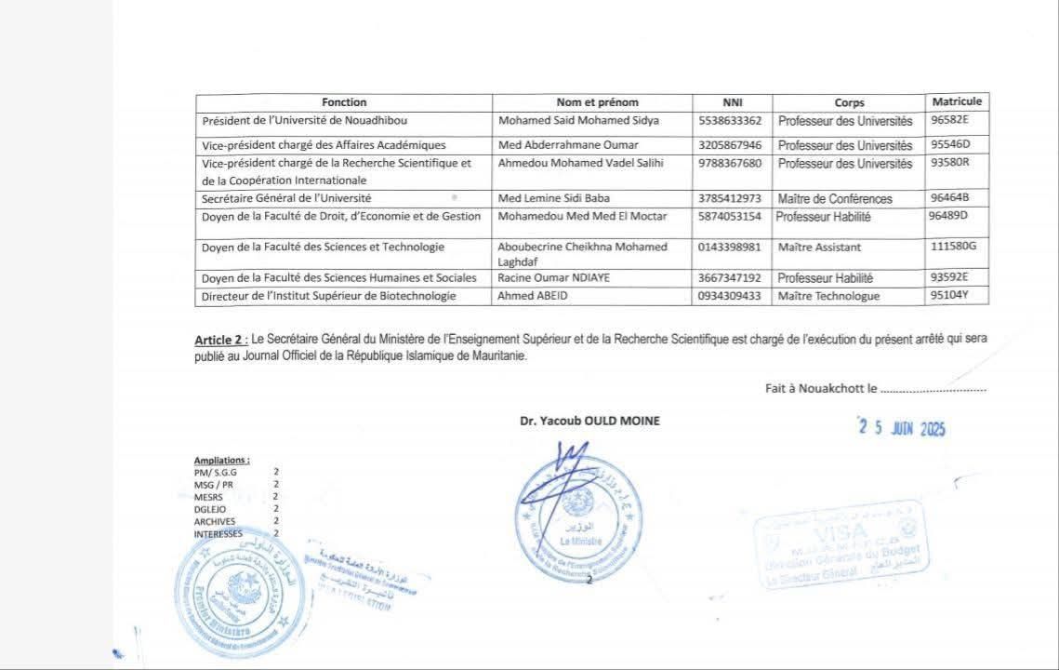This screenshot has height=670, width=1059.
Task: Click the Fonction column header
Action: [344, 102]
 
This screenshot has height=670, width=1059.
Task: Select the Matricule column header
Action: [957, 101]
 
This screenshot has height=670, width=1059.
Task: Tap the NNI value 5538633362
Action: [729, 121]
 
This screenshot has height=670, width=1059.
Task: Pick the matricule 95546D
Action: [949, 145]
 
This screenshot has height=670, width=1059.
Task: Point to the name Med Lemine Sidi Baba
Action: [549, 198]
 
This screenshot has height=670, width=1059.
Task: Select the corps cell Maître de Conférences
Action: [835, 198]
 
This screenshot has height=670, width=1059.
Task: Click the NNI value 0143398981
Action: [729, 247]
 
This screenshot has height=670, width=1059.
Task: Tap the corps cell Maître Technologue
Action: [828, 296]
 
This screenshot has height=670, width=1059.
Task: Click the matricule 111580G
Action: [953, 246]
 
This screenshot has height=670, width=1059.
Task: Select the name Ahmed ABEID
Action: [532, 296]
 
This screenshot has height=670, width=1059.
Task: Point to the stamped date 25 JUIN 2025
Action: [901, 428]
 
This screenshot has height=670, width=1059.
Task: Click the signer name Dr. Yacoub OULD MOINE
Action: [589, 421]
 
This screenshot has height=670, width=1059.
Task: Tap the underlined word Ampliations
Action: [221, 461]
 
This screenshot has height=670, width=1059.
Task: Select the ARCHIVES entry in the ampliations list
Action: [215, 522]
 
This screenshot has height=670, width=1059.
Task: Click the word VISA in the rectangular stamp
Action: [838, 532]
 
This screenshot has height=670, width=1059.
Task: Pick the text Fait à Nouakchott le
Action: [821, 389]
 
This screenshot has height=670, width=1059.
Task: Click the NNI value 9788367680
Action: [729, 164]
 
